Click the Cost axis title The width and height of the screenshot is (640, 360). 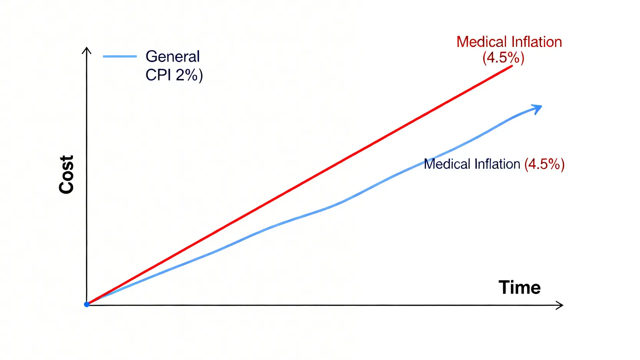66,175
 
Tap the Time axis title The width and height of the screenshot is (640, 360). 519,287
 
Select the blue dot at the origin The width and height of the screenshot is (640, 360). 87,304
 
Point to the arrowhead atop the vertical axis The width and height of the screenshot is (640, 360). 87,50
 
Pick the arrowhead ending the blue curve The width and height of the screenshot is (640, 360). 537,109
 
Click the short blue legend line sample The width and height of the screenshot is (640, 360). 120,56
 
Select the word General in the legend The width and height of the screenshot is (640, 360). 172,56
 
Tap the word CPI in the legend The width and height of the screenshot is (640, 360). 158,75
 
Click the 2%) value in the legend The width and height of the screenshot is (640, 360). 189,75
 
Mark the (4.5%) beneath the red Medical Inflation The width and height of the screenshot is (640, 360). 503,58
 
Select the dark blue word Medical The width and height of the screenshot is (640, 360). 447,164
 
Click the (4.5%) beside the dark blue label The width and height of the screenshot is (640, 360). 544,164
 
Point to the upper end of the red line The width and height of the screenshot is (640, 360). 512,66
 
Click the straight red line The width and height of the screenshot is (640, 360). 300,184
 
